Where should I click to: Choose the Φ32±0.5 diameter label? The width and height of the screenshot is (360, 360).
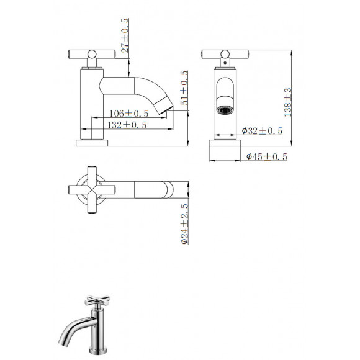(261, 131)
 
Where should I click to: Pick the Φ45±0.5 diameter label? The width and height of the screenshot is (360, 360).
(266, 157)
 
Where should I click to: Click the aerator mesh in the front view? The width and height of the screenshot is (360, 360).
(223, 110)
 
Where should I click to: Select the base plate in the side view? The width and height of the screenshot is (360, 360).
(92, 142)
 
